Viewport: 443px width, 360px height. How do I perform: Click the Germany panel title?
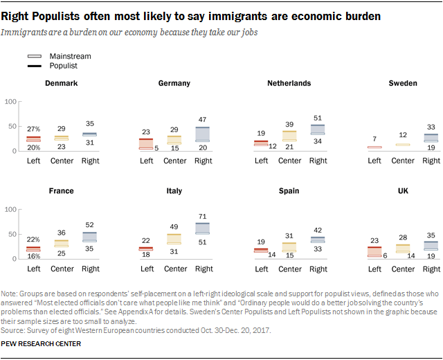(x=174, y=83)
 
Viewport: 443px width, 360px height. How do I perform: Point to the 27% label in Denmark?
(x=33, y=129)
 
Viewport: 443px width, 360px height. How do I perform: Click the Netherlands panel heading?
(x=289, y=83)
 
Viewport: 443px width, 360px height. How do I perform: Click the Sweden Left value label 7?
(x=374, y=139)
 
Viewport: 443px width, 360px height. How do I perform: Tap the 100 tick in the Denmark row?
(x=10, y=102)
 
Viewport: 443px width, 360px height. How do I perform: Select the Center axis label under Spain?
(x=289, y=269)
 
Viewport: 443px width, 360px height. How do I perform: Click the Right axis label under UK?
(x=431, y=269)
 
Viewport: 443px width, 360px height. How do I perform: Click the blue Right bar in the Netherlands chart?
(x=318, y=129)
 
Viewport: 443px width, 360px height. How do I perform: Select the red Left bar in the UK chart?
(x=374, y=251)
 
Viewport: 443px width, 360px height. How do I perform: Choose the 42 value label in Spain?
(x=318, y=231)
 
